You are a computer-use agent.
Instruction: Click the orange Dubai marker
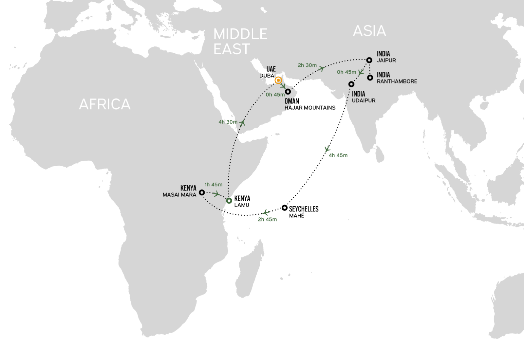(x=278, y=80)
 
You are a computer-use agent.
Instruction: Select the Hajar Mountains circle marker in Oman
(x=288, y=92)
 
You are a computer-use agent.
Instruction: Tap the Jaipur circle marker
(x=369, y=60)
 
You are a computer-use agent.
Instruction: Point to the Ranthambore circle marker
(x=370, y=78)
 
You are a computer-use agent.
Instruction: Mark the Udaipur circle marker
(x=351, y=84)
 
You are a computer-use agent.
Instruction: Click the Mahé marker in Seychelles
(x=285, y=207)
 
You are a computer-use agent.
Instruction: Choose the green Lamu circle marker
(x=229, y=200)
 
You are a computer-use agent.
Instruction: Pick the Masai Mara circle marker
(x=202, y=192)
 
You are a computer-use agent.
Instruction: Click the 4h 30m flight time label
(x=228, y=122)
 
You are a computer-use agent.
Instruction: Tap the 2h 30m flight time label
(x=307, y=65)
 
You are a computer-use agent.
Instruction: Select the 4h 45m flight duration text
(x=338, y=155)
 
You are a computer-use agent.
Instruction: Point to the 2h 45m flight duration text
(x=267, y=220)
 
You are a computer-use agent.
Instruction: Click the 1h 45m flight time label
(x=214, y=185)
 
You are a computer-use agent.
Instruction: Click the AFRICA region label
(x=105, y=104)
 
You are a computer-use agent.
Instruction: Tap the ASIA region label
(x=369, y=31)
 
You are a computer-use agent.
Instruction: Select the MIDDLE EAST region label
(x=240, y=42)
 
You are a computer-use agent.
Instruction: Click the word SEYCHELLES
(x=304, y=209)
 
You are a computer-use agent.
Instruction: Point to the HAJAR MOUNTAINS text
(x=310, y=108)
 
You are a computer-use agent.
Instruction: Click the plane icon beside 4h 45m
(x=327, y=149)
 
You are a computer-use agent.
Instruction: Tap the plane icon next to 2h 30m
(x=322, y=68)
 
